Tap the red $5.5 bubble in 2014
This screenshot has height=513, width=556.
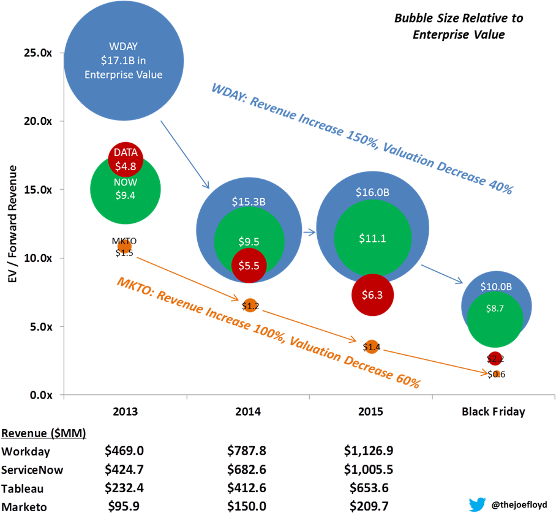point(249,266)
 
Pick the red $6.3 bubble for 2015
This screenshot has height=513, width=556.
point(372,294)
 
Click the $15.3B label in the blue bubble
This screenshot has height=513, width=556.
point(249,201)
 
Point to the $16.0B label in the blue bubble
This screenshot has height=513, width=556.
point(372,192)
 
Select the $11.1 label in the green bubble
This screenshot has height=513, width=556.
point(372,239)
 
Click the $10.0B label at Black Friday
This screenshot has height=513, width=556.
point(496,286)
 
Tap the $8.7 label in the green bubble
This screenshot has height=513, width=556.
point(495,309)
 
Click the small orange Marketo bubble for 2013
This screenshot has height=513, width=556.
point(124,246)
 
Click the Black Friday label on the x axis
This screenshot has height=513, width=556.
point(494,411)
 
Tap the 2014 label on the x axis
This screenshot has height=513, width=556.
point(248,411)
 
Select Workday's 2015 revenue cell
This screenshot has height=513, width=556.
point(368,451)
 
